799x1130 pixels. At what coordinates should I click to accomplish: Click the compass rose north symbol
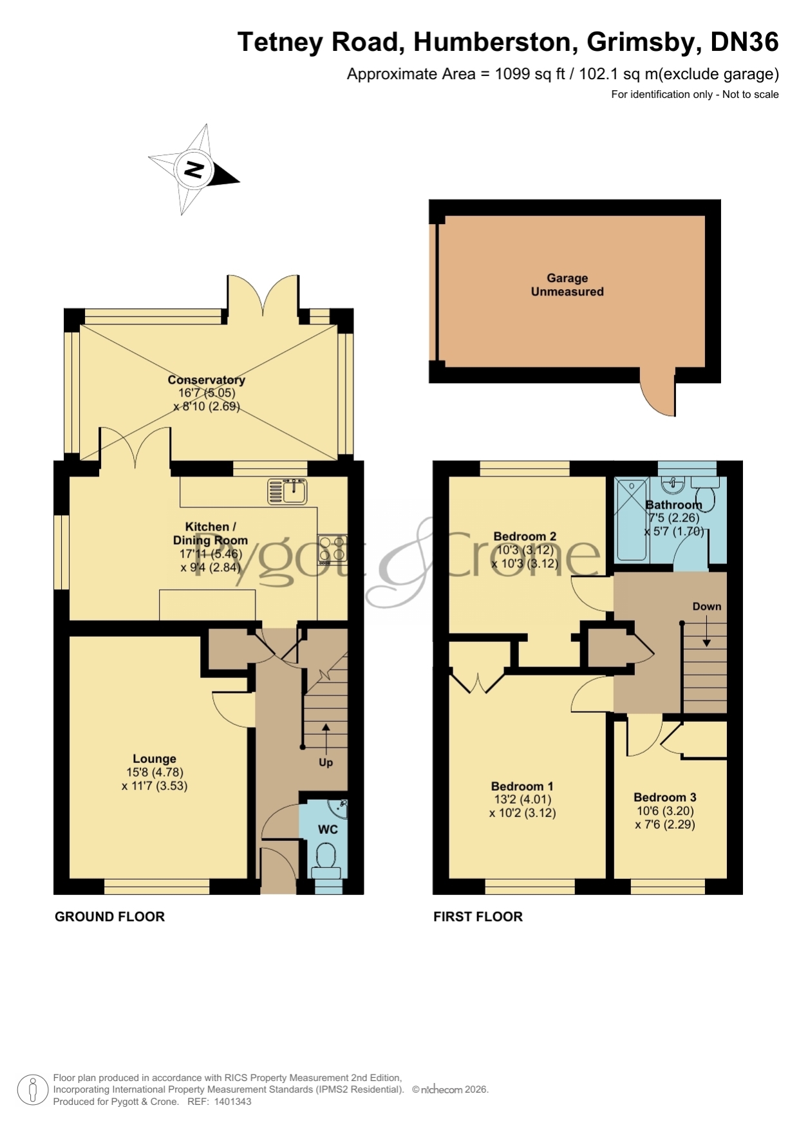[194, 170]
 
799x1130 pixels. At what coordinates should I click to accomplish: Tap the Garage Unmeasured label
[567, 285]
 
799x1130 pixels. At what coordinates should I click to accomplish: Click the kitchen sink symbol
[287, 491]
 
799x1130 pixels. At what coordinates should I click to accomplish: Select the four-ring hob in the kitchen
[332, 550]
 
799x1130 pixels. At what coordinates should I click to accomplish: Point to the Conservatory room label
[207, 380]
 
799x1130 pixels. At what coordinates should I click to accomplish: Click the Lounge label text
[155, 758]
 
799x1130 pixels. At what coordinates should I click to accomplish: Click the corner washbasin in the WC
[338, 808]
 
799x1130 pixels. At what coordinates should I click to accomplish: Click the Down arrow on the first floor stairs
[706, 631]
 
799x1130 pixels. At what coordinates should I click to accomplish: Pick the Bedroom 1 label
[522, 786]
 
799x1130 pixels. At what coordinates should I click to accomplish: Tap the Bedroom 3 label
[665, 797]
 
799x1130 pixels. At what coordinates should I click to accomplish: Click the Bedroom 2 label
[525, 536]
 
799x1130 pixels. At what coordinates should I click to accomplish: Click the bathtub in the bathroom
[631, 519]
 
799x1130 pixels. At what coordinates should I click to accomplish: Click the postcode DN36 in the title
[744, 42]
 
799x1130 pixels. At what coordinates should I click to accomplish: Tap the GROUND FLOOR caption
[109, 917]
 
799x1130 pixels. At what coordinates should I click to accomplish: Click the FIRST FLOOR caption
[478, 917]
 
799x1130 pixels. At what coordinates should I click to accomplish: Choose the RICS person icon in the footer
[32, 1090]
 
